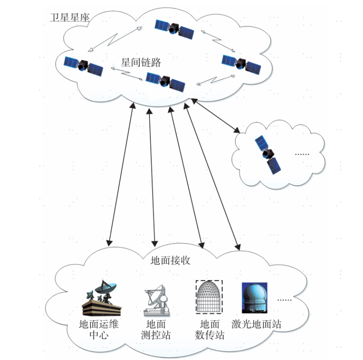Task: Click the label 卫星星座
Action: point(70,17)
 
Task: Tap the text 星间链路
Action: point(141,63)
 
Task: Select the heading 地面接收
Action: point(170,261)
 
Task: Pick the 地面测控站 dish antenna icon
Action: point(157,301)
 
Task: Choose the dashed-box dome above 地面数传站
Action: point(209,297)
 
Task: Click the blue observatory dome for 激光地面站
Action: point(254,298)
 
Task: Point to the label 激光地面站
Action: point(256,324)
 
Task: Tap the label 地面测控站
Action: point(156,329)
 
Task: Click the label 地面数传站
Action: point(210,329)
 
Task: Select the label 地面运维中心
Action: point(99,329)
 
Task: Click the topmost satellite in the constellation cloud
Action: point(174,29)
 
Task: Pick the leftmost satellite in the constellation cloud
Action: point(83,66)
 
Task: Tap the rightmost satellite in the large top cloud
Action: point(241,64)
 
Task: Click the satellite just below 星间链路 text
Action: point(165,82)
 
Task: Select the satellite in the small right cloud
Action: point(268,154)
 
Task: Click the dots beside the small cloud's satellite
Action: point(302,154)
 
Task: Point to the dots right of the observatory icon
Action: point(284,300)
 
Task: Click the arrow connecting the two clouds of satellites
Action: point(215,115)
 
